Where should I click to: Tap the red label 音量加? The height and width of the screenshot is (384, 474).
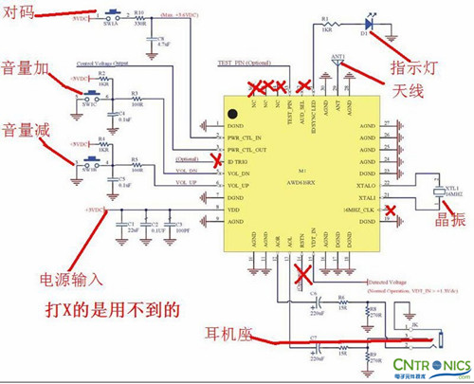(30, 70)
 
